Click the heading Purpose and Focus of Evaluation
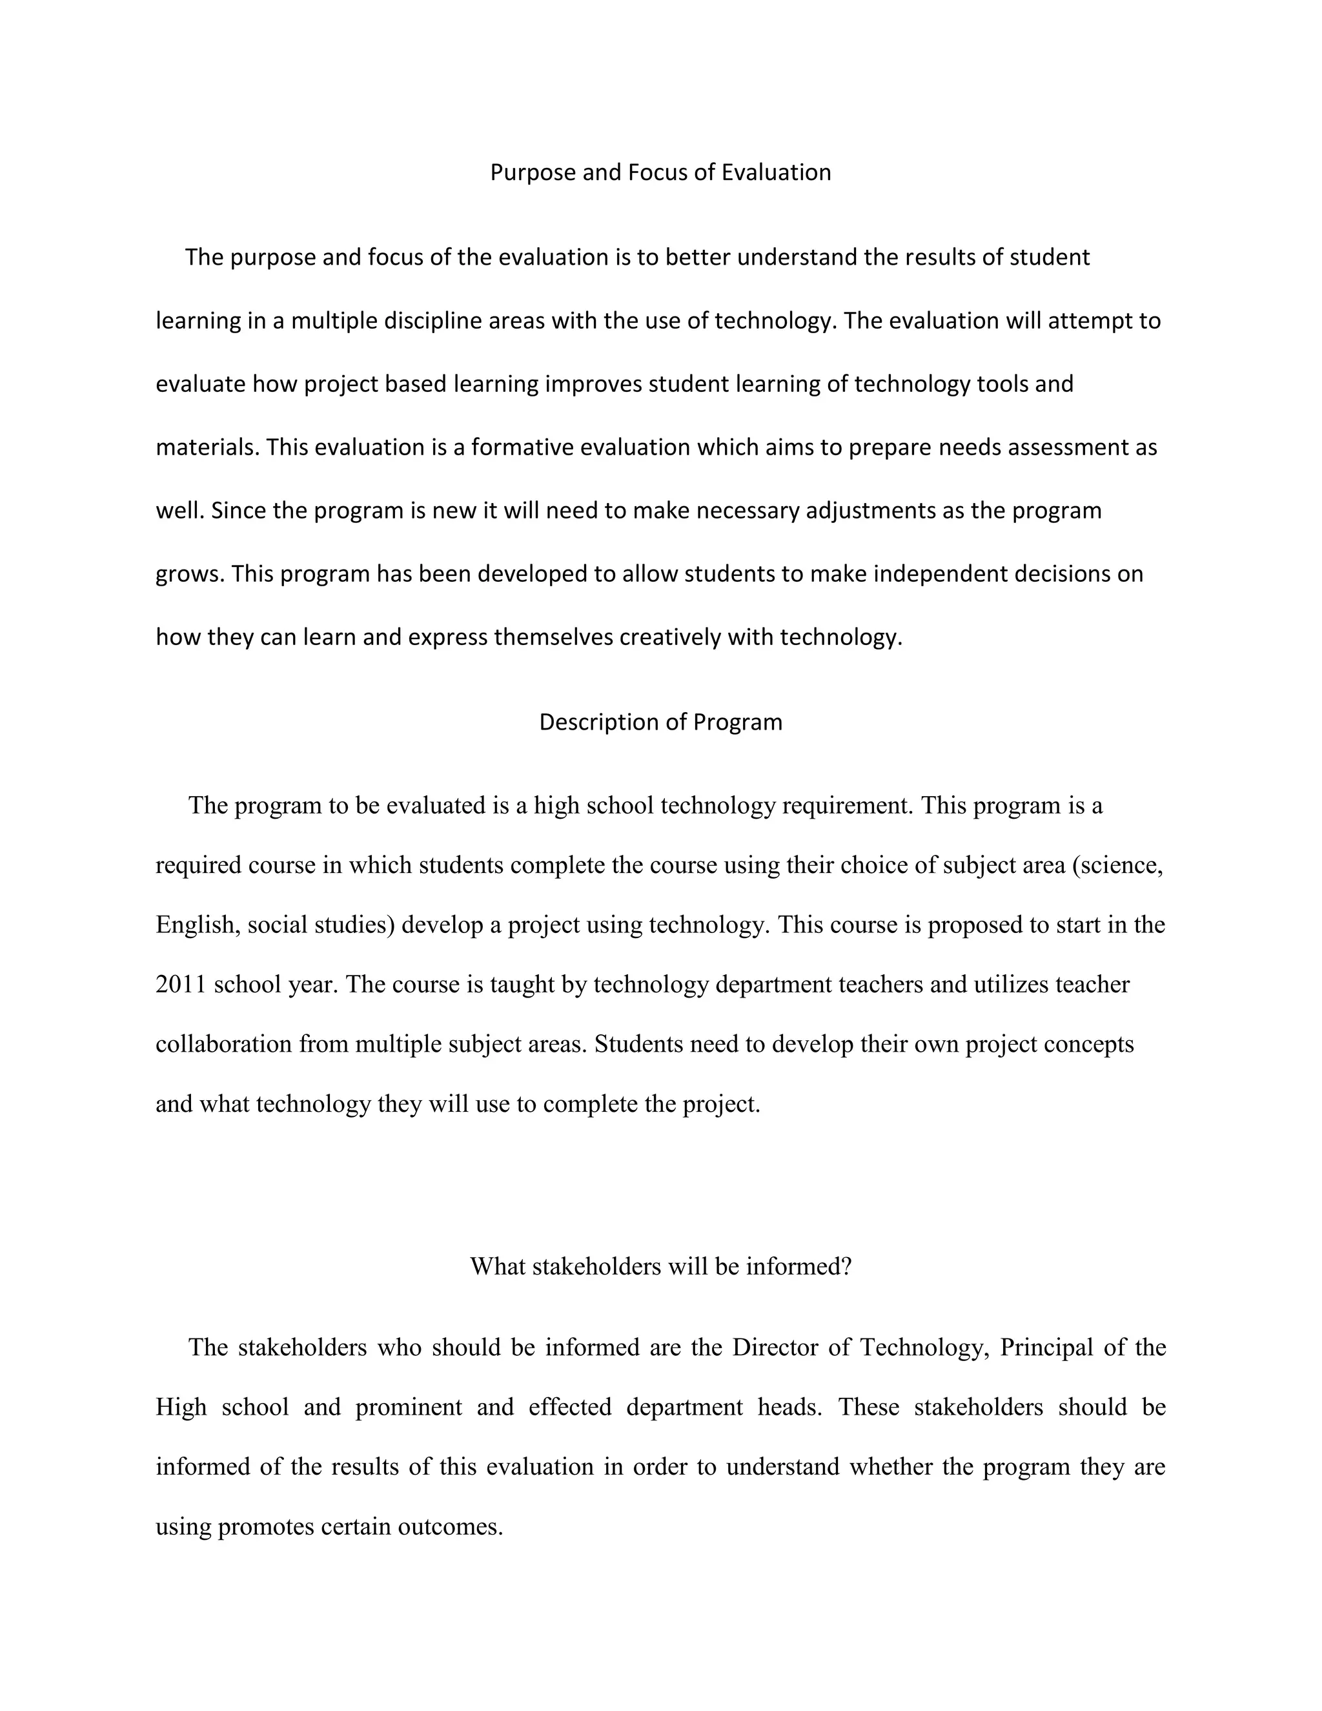click(x=660, y=172)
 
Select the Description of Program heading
click(x=660, y=722)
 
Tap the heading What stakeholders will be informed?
click(x=660, y=1266)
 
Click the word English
click(x=195, y=925)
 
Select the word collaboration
click(x=223, y=1044)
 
